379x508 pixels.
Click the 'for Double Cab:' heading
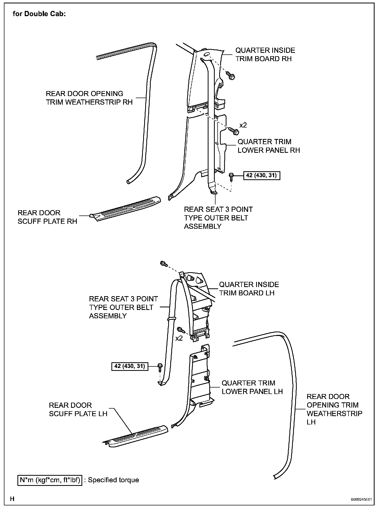pos(39,14)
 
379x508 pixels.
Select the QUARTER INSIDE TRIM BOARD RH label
pos(265,54)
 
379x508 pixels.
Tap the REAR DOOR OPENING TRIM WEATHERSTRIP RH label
pos(89,98)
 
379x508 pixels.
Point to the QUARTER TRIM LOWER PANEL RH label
pos(268,146)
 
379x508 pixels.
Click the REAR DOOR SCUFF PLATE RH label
pos(47,217)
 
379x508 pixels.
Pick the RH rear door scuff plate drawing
pos(125,208)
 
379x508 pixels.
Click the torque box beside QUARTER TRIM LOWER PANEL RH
pos(262,175)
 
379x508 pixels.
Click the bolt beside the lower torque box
pos(160,367)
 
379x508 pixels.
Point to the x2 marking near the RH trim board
pos(243,125)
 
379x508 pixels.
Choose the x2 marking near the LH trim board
pos(179,338)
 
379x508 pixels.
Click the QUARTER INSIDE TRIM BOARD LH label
pos(249,289)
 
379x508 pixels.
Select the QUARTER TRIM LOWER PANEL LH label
pos(252,387)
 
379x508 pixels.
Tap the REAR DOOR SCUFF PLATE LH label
pos(78,409)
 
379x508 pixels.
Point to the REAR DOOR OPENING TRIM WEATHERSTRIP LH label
pos(334,409)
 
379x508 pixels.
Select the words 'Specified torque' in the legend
pos(113,480)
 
